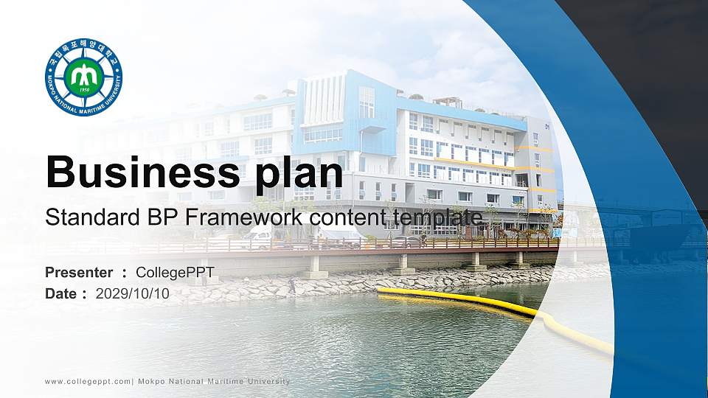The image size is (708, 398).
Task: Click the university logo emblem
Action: click(83, 77)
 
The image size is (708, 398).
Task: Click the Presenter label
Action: click(79, 273)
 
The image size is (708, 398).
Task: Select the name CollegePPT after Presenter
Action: click(176, 273)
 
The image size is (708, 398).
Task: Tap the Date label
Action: click(62, 294)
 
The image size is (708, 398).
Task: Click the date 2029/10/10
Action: click(133, 294)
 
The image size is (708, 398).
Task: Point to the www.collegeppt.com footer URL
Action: click(87, 381)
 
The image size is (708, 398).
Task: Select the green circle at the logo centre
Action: click(83, 76)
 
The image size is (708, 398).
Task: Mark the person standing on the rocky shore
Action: click(292, 284)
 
